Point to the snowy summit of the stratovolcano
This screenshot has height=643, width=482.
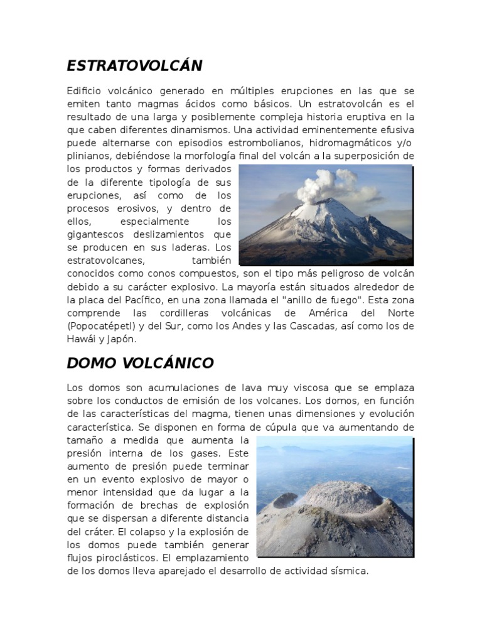327,207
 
